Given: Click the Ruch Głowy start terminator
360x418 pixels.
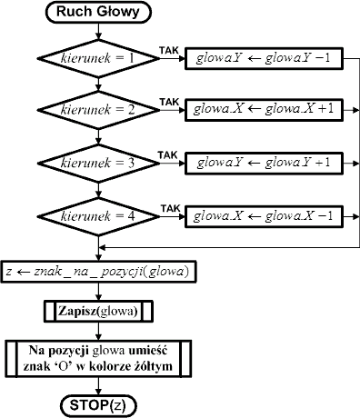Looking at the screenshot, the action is coord(98,12).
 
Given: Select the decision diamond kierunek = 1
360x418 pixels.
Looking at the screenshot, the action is coord(98,58).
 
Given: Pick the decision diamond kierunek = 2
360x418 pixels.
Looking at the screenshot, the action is coord(98,110).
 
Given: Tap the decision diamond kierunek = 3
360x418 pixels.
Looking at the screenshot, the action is coord(98,164).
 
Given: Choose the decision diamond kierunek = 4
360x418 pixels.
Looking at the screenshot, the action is coord(98,216).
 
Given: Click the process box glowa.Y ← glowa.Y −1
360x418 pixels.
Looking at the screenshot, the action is coord(264,58).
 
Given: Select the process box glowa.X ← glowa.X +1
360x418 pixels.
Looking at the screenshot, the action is coord(264,110).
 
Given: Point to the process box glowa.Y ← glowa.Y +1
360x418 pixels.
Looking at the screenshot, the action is coord(264,164).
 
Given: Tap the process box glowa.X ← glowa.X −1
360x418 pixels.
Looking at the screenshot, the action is coord(264,216).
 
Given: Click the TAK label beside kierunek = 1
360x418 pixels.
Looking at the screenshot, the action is coord(169,50).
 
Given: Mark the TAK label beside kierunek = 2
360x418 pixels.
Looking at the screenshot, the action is coord(169,102).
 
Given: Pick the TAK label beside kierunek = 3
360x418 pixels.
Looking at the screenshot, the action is coord(167,155).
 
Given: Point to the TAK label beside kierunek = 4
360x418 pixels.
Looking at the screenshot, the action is coord(170,209).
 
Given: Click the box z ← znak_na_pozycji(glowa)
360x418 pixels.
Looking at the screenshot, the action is coord(98,272).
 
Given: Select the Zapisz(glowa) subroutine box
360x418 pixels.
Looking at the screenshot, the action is coord(98,311).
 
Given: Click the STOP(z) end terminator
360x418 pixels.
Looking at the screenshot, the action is coord(98,406).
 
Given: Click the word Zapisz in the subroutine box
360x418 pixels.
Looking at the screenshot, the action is coord(77,311).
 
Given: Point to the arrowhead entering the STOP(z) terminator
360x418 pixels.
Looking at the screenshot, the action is coord(98,392).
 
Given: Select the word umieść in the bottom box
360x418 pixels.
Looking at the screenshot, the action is coord(148,351).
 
